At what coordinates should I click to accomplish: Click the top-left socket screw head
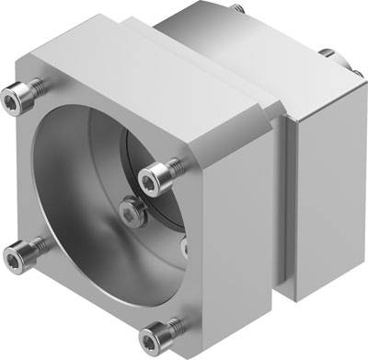[24, 92]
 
